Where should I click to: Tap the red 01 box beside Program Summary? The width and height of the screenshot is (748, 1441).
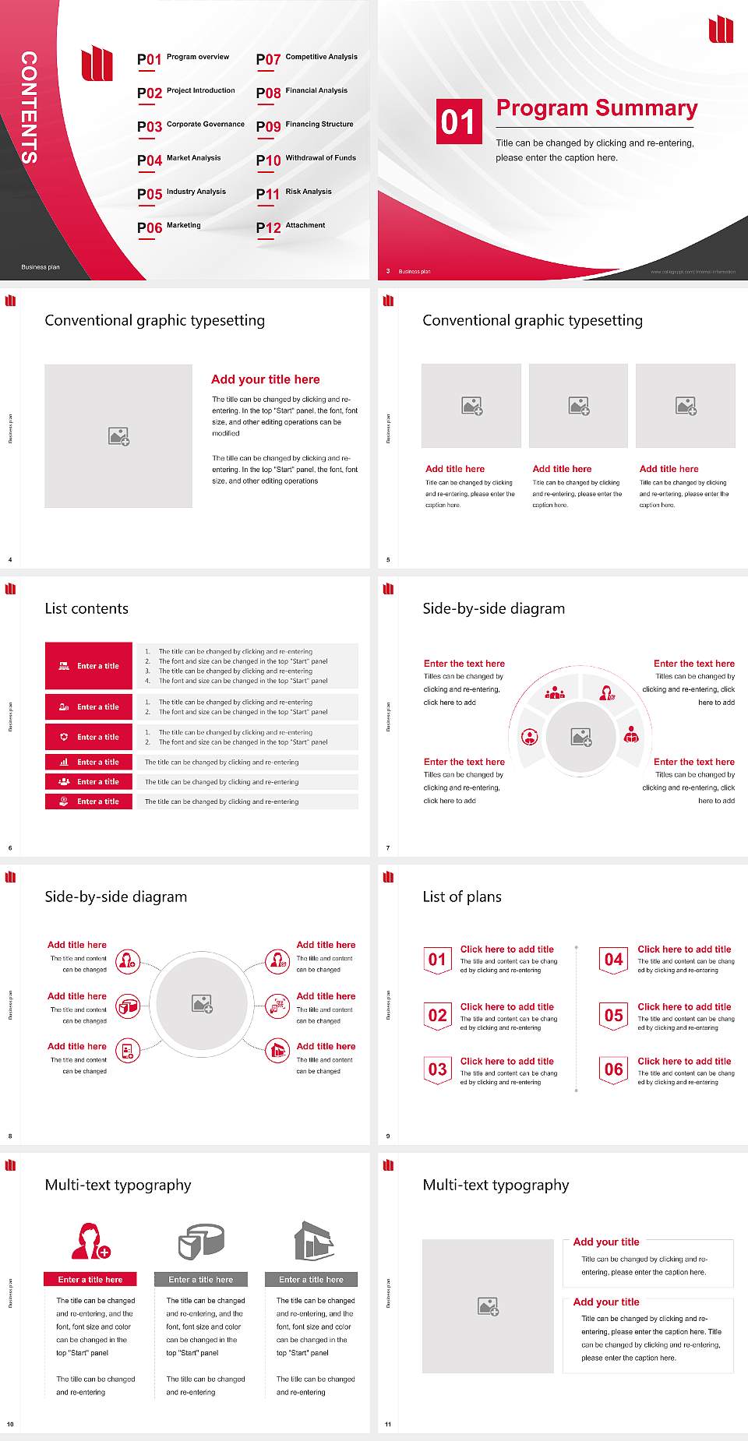pyautogui.click(x=457, y=122)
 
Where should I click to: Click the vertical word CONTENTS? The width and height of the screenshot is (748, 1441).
pyautogui.click(x=29, y=107)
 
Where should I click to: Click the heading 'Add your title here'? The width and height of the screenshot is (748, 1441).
pyautogui.click(x=265, y=379)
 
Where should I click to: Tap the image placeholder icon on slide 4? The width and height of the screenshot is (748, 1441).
pyautogui.click(x=118, y=436)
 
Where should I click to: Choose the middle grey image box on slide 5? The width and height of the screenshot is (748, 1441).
pyautogui.click(x=578, y=406)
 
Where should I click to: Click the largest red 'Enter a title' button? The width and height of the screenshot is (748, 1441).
pyautogui.click(x=89, y=666)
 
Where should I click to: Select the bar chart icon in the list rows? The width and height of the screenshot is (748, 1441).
pyautogui.click(x=64, y=763)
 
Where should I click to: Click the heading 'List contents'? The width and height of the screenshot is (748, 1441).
pyautogui.click(x=86, y=608)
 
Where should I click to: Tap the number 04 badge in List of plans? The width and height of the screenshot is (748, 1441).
pyautogui.click(x=614, y=960)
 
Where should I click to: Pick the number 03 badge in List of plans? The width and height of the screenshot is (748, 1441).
pyautogui.click(x=437, y=1070)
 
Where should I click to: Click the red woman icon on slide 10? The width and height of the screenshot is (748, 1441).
pyautogui.click(x=90, y=1241)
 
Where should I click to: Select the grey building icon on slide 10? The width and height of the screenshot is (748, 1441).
pyautogui.click(x=313, y=1241)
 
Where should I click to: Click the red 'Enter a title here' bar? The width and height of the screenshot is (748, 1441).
pyautogui.click(x=90, y=1279)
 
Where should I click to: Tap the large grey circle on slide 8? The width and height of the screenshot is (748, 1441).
pyautogui.click(x=202, y=1004)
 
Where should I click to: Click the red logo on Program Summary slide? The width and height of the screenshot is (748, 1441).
pyautogui.click(x=721, y=30)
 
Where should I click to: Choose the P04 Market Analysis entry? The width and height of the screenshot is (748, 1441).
pyautogui.click(x=179, y=160)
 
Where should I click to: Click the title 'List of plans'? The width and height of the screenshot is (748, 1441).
pyautogui.click(x=462, y=897)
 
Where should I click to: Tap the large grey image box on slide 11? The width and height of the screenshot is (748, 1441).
pyautogui.click(x=488, y=1306)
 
